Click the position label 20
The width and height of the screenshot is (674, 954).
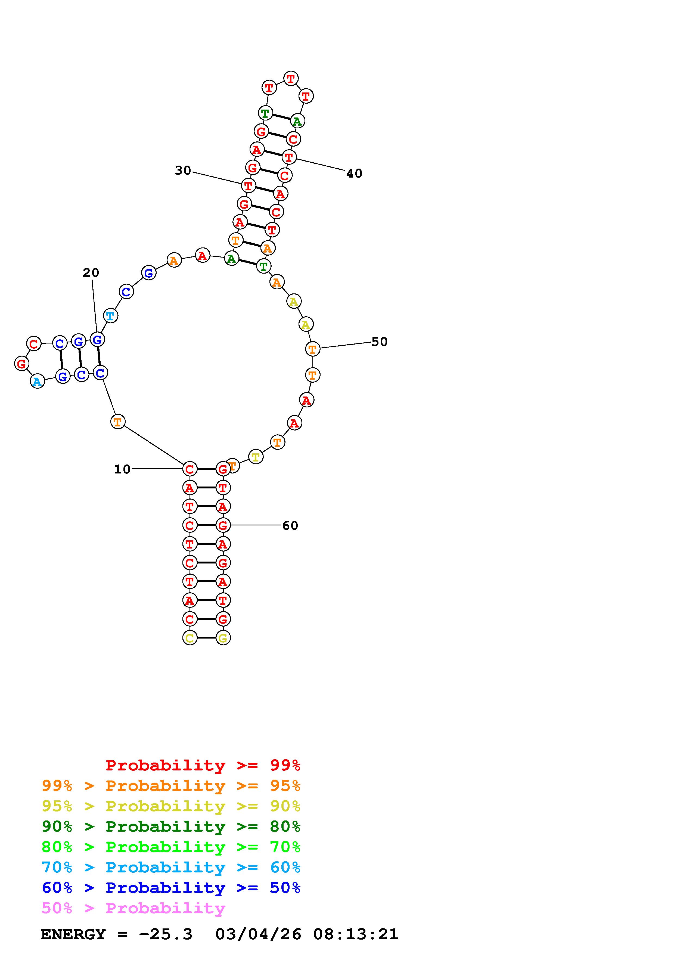click(91, 272)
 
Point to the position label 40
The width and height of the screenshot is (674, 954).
click(354, 173)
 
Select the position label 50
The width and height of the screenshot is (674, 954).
click(379, 342)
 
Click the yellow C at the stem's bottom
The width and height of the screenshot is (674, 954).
click(190, 637)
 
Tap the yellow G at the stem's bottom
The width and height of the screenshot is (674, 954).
click(223, 637)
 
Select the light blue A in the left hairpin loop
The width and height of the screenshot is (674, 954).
click(37, 381)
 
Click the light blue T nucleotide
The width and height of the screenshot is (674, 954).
click(110, 316)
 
